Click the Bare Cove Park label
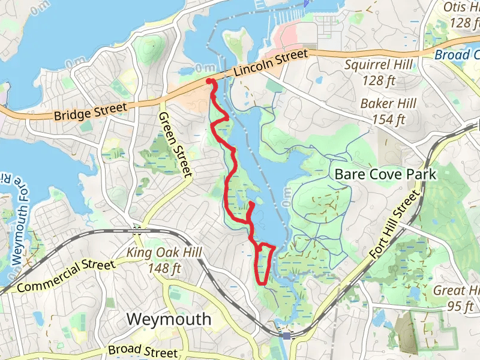386,175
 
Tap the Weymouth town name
169,319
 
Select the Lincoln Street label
271,62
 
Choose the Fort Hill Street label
394,224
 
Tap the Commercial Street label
66,276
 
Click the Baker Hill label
389,104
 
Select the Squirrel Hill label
376,64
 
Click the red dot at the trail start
209,81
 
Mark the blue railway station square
287,336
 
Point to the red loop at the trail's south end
264,264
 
